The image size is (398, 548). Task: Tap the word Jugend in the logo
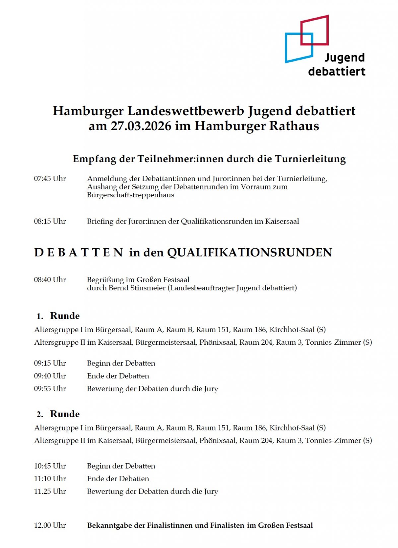[344, 58]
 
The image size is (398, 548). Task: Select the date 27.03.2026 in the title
[141, 126]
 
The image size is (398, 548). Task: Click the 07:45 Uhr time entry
[50, 179]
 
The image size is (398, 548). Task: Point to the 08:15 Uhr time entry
[50, 222]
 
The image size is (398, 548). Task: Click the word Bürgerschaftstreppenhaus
[130, 195]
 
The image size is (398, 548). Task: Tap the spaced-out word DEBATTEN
[79, 253]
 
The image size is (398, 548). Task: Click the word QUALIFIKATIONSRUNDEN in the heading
[249, 253]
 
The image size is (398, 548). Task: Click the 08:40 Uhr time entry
[50, 280]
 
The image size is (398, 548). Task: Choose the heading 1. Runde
[58, 316]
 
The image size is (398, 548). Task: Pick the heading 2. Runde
[58, 414]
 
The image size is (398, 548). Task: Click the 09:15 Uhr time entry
[50, 363]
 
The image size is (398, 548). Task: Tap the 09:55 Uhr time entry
[50, 389]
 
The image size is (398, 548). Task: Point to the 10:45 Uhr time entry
[50, 466]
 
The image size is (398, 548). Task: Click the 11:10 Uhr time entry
[50, 479]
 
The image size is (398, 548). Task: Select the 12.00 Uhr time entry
[50, 525]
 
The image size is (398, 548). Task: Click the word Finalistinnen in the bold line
[170, 525]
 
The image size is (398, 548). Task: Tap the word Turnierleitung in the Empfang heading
[310, 159]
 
